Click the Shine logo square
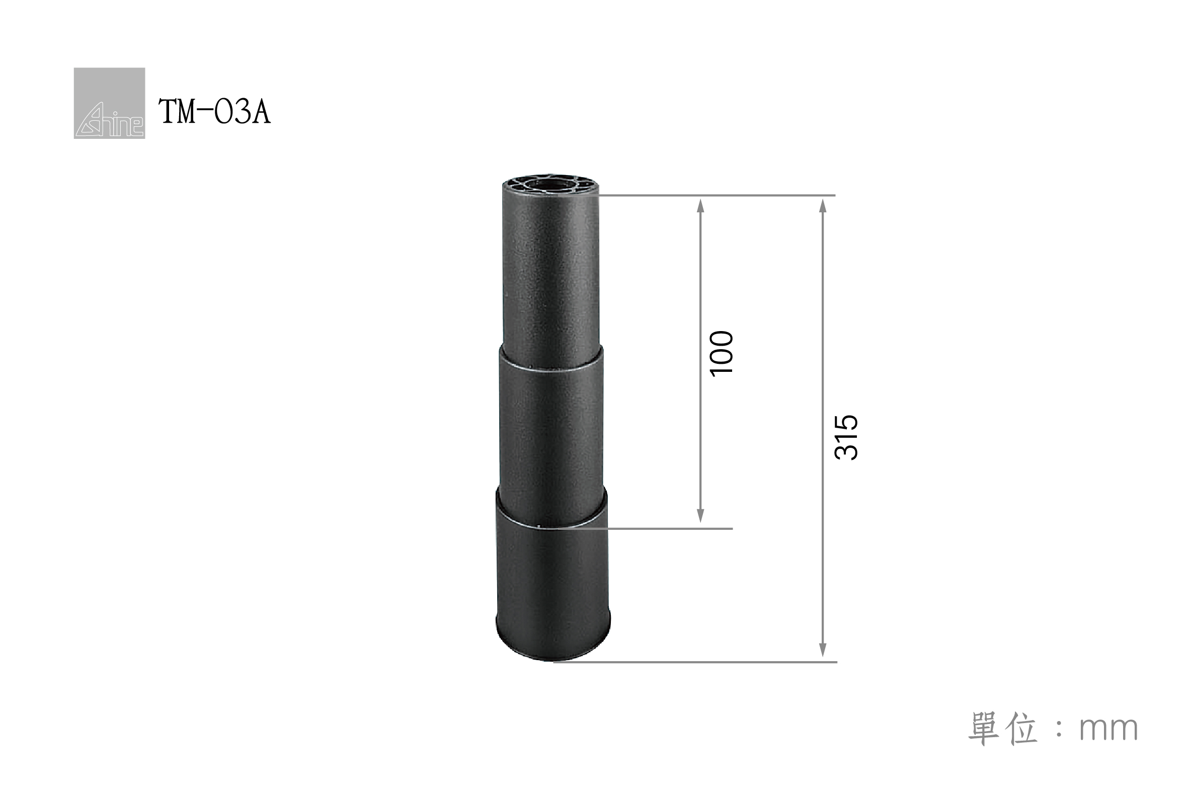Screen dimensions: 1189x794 pos(109,103)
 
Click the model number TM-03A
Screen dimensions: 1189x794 pos(215,112)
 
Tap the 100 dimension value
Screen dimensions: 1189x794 pos(722,353)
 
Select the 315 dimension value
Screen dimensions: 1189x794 pos(846,438)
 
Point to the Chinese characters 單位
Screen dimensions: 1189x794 pos(1002,728)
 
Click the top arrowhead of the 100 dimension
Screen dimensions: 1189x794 pos(700,205)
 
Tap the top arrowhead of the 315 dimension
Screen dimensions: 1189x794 pos(823,205)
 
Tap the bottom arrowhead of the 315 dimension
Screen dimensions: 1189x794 pos(823,650)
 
